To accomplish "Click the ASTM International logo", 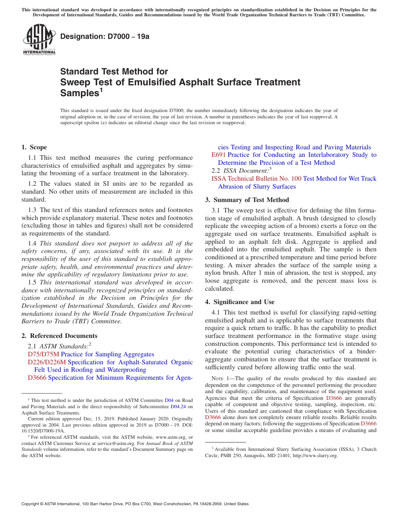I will click(x=39, y=39).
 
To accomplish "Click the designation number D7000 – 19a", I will click(x=105, y=36).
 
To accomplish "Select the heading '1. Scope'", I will click(x=34, y=147).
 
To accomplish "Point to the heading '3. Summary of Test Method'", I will click(x=247, y=200).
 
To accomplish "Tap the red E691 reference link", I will click(x=219, y=155).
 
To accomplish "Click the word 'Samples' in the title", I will click(x=79, y=93).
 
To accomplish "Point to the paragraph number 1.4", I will click(x=32, y=243).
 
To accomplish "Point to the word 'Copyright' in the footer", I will click(x=31, y=504).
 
